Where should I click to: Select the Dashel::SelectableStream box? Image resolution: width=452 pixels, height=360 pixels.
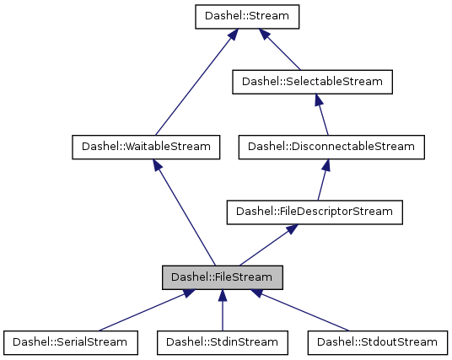[x=312, y=82]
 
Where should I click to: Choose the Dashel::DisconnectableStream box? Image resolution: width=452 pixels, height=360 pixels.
[x=331, y=147]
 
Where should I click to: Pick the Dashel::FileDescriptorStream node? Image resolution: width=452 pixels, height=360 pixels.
[x=314, y=212]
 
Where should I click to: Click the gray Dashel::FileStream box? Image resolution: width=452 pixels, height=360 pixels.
[x=222, y=277]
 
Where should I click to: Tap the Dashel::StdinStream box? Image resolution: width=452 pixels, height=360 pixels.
[x=223, y=341]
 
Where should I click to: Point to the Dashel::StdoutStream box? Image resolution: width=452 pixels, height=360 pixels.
[x=377, y=341]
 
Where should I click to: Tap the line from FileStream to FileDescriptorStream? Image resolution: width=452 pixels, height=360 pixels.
[x=265, y=245]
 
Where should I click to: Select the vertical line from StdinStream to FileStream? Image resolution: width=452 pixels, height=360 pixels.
[x=223, y=310]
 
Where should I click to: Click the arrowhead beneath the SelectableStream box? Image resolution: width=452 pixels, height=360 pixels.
[x=318, y=99]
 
